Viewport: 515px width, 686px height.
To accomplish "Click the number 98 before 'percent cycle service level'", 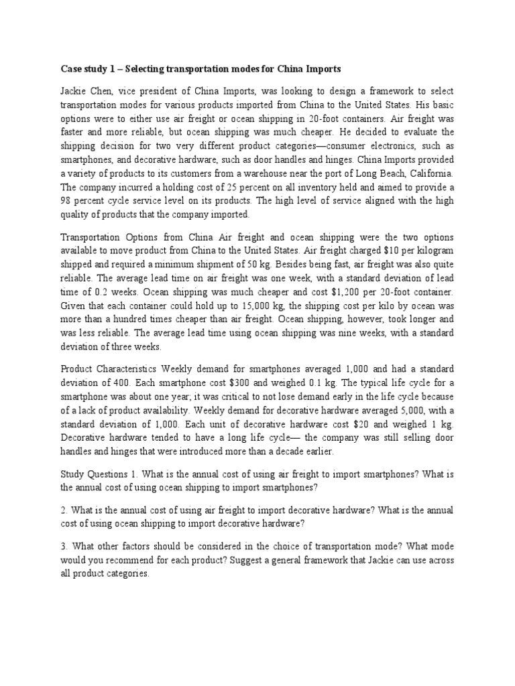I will (67, 202).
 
